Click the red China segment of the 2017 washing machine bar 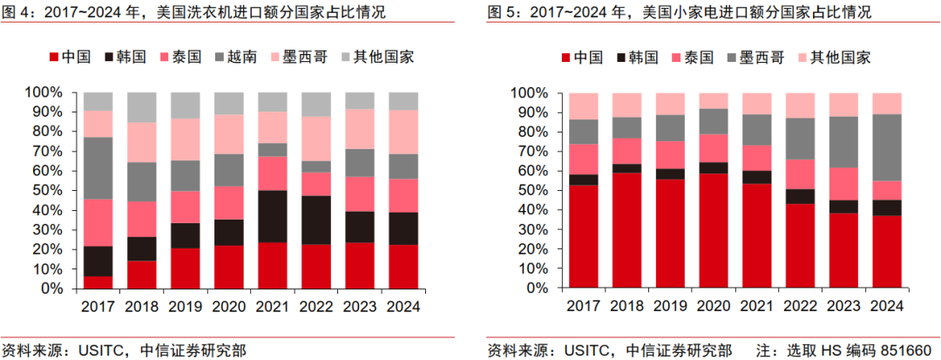98,282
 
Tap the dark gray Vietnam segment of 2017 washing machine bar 98,168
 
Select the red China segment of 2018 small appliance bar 626,230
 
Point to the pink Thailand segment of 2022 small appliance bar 800,174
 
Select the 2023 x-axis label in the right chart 843,307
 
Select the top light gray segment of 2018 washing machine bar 142,107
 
